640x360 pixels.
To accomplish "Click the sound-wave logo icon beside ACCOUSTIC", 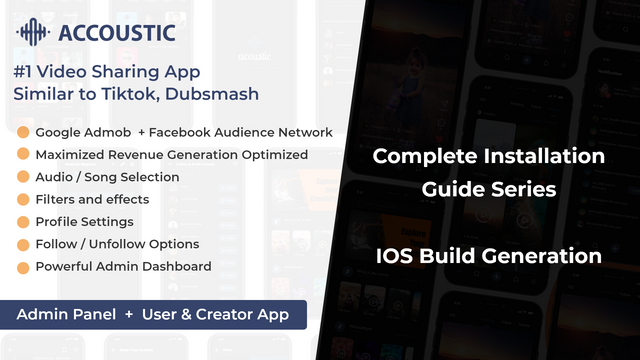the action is click(x=33, y=32).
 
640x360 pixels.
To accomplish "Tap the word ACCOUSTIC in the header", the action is click(x=117, y=33).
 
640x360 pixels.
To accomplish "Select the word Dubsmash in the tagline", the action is click(x=212, y=94).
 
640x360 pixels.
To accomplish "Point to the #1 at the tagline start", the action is click(x=23, y=72).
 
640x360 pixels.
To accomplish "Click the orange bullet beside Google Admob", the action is click(x=23, y=132).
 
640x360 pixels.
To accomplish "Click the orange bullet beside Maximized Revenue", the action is click(x=23, y=154).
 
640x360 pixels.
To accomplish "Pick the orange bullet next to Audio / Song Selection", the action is click(x=23, y=176).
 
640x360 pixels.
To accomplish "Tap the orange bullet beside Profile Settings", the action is click(x=23, y=222).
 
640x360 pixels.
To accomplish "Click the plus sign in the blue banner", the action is click(x=129, y=314).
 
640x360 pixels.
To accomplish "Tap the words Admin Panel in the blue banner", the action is click(x=66, y=314).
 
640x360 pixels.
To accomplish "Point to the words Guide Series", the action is click(x=489, y=189).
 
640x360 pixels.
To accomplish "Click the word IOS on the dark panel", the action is click(x=394, y=256).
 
